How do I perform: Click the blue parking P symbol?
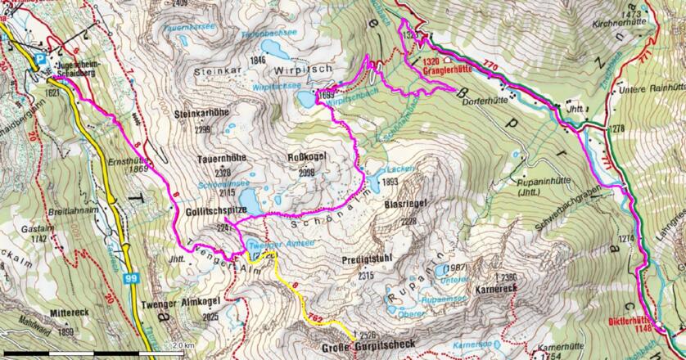pos(41,58)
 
